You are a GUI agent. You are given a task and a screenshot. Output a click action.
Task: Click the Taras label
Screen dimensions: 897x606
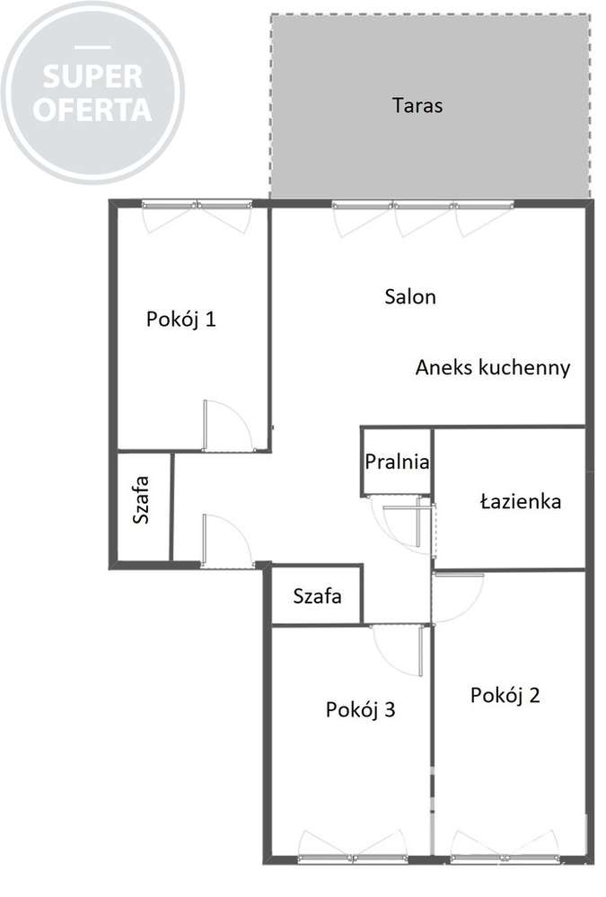(x=417, y=105)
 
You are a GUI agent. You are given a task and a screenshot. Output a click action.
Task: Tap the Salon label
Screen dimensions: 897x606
(x=409, y=296)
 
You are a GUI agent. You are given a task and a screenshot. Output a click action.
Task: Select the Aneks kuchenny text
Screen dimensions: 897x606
(x=493, y=367)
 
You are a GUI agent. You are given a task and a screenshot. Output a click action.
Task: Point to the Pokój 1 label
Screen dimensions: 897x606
(x=180, y=319)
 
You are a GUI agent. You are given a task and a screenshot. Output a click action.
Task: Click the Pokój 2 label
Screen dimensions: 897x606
(x=505, y=695)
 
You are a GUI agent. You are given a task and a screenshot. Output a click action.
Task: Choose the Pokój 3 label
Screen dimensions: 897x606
(x=360, y=710)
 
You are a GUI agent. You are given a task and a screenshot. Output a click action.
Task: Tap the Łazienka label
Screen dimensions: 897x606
(x=521, y=501)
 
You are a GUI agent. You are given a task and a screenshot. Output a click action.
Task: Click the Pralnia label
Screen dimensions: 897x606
(x=397, y=462)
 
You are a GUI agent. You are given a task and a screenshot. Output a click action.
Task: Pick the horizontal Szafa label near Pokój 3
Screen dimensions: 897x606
(x=317, y=595)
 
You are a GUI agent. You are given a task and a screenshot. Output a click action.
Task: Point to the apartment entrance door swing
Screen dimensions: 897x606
(x=224, y=541)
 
